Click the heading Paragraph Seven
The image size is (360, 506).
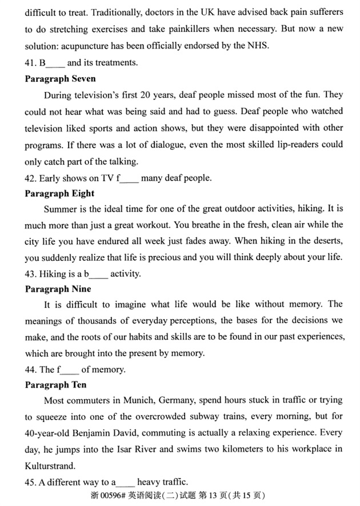60,78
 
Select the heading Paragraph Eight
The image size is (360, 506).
59,193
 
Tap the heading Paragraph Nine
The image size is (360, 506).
58,289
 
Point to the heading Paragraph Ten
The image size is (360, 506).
56,385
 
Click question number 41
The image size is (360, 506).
31,63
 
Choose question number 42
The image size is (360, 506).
31,178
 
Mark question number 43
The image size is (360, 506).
31,274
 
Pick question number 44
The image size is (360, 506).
31,369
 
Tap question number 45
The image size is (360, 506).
31,481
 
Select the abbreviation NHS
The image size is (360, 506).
249,46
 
